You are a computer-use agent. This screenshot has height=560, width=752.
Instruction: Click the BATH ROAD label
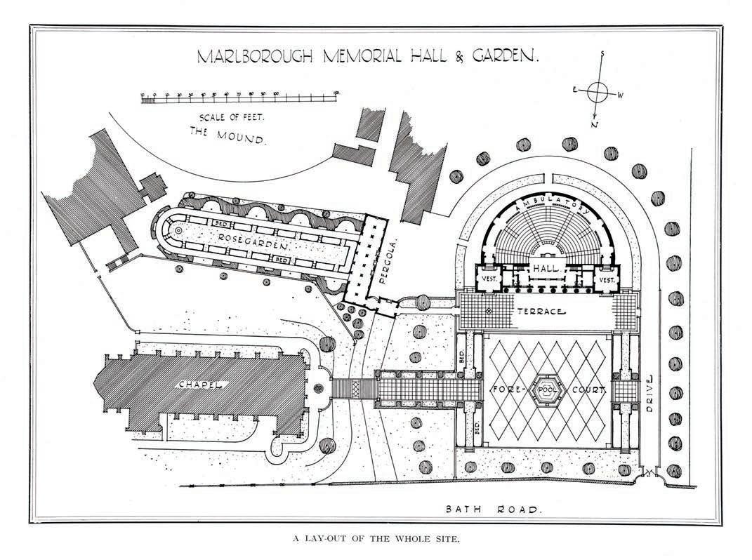point(494,510)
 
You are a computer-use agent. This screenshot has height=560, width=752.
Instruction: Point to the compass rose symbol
point(597,91)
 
